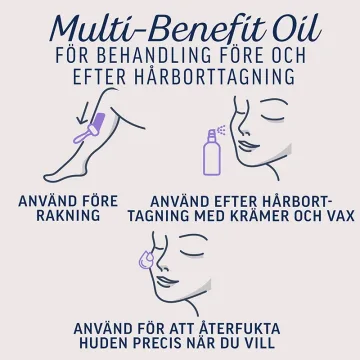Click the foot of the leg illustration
click(60, 176)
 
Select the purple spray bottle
click(212, 153)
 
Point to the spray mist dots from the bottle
click(221, 130)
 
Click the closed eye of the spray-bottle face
click(272, 116)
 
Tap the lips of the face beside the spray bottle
click(246, 145)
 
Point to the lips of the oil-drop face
click(165, 282)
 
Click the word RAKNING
click(68, 216)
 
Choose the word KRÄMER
click(256, 215)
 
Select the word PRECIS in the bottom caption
click(154, 343)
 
